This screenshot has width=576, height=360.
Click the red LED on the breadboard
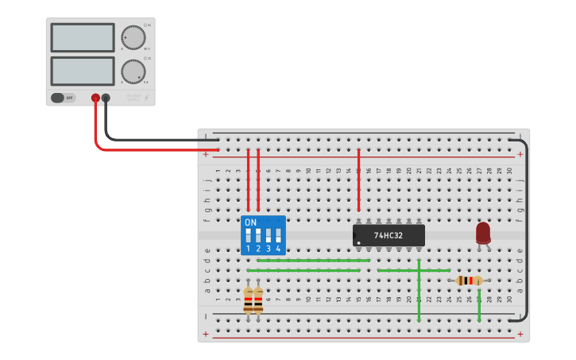(x=483, y=233)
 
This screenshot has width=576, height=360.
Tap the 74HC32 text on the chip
(x=389, y=236)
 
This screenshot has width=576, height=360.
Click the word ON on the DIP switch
(x=251, y=223)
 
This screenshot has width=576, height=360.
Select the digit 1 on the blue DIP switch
(x=248, y=249)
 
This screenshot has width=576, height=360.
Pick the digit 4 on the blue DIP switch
(x=278, y=249)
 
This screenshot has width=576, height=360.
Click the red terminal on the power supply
(x=95, y=98)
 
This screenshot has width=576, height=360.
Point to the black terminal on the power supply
(x=106, y=98)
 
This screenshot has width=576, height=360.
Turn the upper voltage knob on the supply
(x=133, y=37)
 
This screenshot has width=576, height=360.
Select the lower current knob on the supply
(x=133, y=72)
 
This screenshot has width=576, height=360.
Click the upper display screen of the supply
(x=83, y=37)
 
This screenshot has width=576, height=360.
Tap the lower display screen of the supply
(x=83, y=71)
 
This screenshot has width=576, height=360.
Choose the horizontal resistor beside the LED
(x=470, y=281)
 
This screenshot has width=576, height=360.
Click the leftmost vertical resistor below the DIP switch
(x=248, y=300)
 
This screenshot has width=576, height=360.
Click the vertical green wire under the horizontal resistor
(x=479, y=306)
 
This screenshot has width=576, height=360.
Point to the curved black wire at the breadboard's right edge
(x=524, y=230)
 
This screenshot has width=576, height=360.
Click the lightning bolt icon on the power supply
(x=145, y=98)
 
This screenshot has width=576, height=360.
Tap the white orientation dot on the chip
(x=359, y=242)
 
